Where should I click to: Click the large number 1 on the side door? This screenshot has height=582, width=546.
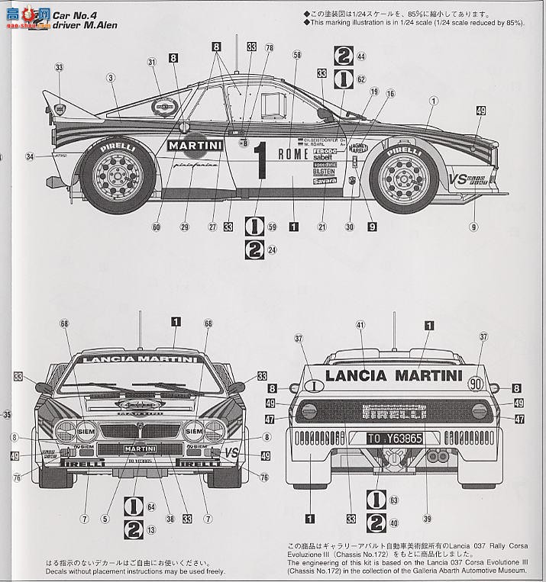(x=260, y=162)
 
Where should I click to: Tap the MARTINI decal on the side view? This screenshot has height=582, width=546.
(x=195, y=146)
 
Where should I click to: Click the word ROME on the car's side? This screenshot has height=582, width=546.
(x=292, y=154)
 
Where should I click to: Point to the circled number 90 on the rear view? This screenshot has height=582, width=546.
(x=476, y=385)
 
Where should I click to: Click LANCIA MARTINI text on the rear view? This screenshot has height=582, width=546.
(x=394, y=375)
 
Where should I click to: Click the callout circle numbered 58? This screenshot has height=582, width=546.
(x=297, y=55)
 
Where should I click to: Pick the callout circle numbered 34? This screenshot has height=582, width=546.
(x=30, y=157)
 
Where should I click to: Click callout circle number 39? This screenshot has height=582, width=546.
(x=427, y=519)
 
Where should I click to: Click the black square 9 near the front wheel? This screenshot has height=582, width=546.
(x=372, y=227)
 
